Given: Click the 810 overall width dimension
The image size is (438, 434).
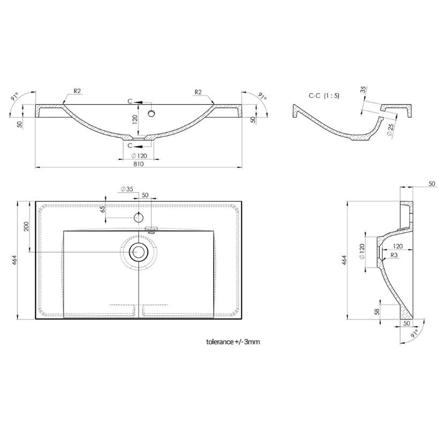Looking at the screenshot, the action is [139, 164].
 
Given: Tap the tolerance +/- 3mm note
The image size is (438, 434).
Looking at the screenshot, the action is [233, 341].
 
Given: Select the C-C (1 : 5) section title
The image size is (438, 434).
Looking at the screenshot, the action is [324, 96].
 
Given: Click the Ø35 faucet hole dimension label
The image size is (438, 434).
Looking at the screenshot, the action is [127, 189].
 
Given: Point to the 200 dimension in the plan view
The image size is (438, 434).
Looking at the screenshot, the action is [26, 226].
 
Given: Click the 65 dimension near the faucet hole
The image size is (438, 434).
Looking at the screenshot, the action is [102, 209].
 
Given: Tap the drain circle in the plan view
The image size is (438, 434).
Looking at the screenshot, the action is [138, 252].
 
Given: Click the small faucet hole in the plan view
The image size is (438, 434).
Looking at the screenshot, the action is [139, 217].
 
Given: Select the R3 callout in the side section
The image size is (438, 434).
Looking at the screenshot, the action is [394, 255].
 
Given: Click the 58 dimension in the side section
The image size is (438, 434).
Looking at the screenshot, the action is [376, 311].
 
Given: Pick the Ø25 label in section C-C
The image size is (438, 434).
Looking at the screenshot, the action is [391, 128].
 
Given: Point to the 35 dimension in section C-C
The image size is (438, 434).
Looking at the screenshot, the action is [363, 89].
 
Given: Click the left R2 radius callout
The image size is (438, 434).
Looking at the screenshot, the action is [78, 91].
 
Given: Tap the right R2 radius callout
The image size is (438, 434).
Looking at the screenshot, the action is [198, 92].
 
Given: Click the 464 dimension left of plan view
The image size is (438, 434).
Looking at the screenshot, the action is [15, 260].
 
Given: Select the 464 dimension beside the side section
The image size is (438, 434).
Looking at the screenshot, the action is [344, 260].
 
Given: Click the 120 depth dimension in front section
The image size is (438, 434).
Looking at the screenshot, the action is [135, 119].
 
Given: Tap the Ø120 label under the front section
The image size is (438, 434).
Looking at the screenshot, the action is [139, 156].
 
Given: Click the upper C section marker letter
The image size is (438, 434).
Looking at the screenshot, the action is [130, 101].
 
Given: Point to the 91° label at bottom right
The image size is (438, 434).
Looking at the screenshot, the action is [415, 333].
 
